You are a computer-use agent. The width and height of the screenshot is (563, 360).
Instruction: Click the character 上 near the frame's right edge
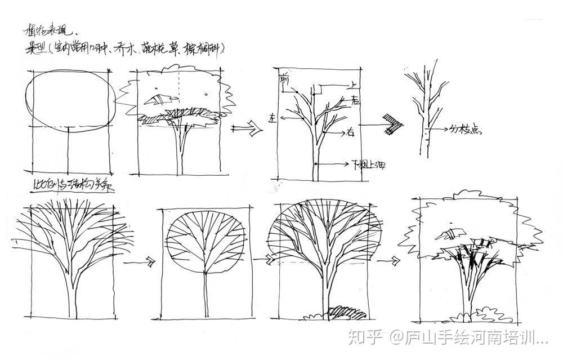coord(352,85)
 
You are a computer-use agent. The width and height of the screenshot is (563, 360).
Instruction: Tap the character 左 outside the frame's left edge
coord(272,119)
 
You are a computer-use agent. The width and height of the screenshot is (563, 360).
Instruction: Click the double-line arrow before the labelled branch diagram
coord(248,130)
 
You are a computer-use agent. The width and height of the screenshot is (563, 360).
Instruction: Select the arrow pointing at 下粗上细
coord(333,164)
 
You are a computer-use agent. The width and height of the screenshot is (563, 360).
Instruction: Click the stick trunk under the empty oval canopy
coord(68,151)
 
